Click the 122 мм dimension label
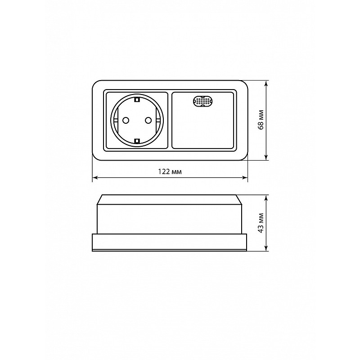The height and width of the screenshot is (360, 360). [170, 172]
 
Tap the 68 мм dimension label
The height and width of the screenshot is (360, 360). [261, 120]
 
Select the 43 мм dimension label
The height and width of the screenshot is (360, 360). [261, 223]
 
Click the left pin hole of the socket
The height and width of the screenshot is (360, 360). [126, 120]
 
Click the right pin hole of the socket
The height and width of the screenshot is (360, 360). [148, 120]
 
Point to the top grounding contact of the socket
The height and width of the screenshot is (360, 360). [137, 99]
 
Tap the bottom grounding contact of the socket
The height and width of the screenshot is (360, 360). [137, 141]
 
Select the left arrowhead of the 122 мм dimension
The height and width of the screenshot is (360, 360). [95, 177]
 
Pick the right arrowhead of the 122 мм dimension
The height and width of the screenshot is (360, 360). [245, 177]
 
